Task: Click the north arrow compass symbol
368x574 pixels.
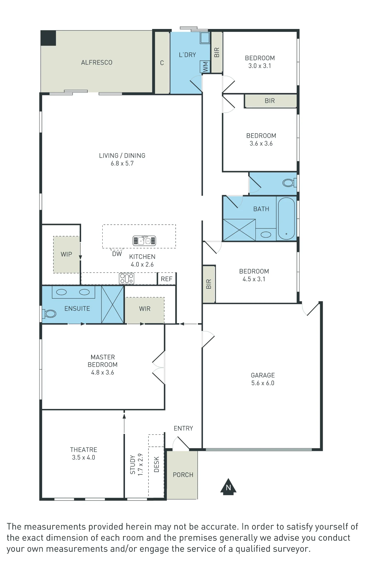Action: [228, 486]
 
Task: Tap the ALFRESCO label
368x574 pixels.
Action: [97, 63]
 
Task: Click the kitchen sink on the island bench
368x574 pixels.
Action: [144, 241]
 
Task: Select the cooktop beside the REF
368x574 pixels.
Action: [126, 278]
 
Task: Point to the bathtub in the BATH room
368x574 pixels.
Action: [286, 218]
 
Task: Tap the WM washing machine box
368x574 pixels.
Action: [205, 67]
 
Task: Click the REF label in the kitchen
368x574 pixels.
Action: [167, 279]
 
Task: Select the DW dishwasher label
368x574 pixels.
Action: [117, 254]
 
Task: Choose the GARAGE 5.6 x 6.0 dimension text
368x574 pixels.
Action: [263, 383]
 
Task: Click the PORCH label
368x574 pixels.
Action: [183, 475]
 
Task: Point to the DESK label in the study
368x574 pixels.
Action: [156, 464]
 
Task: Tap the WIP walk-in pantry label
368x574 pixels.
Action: [66, 254]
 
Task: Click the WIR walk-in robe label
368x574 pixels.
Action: [145, 309]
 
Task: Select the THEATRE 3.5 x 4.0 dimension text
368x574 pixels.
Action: [83, 457]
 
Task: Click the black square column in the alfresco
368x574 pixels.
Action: [48, 38]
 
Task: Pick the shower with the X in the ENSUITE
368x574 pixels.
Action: [113, 305]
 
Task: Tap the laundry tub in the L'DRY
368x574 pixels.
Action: [205, 38]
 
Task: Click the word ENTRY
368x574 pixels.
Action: [183, 428]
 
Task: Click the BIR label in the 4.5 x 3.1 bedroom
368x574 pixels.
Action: [209, 284]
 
